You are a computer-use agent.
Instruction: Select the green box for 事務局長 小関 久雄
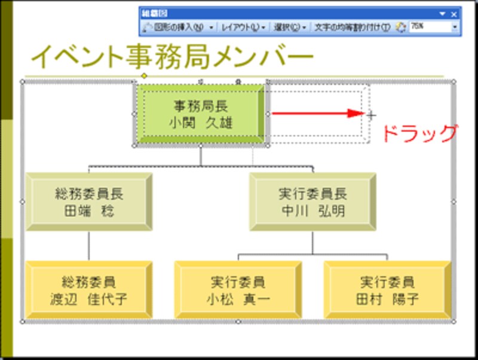click(x=200, y=114)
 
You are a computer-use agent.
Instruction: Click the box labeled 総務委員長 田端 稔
click(x=88, y=202)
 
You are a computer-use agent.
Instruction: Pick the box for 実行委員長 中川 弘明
click(x=312, y=202)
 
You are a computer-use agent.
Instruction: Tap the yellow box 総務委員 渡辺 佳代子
click(x=88, y=290)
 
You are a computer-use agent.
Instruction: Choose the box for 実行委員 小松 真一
click(x=238, y=290)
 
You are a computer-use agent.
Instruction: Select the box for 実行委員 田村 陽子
click(x=387, y=290)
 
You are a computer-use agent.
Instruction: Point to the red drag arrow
click(x=317, y=113)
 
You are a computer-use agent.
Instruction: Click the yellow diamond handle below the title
click(x=144, y=76)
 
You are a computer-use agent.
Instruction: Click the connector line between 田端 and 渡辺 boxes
click(x=88, y=245)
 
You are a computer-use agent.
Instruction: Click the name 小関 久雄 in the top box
click(x=200, y=122)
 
